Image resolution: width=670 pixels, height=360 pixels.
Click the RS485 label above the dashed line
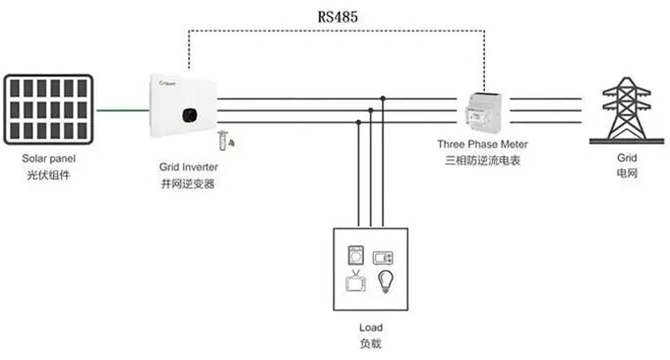pos(337,17)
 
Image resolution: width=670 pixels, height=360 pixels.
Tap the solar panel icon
pos(48,109)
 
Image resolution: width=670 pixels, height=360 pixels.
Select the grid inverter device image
pos(183,106)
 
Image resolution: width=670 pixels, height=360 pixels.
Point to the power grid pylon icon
pos(627,110)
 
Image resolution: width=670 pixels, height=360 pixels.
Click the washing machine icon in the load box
pos(356,256)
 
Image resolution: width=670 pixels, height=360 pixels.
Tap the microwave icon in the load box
pos(383,258)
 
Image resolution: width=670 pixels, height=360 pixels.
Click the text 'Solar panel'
pos(49,158)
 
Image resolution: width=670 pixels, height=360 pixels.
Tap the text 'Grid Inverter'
pos(189,167)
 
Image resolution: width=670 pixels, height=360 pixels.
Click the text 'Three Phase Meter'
pos(482,144)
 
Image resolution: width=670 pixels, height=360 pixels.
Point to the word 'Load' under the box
pos(371,328)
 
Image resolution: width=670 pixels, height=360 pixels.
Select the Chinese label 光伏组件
pos(48,175)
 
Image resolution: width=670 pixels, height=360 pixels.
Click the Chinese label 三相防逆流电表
pos(482,160)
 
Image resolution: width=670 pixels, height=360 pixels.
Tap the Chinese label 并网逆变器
pos(188,184)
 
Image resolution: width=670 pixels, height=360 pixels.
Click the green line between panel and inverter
pos(122,110)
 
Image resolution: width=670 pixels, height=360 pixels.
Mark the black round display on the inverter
pos(189,115)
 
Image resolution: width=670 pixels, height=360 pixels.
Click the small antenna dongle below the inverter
pos(225,140)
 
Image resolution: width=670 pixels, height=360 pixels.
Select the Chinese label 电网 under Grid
pos(627,173)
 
